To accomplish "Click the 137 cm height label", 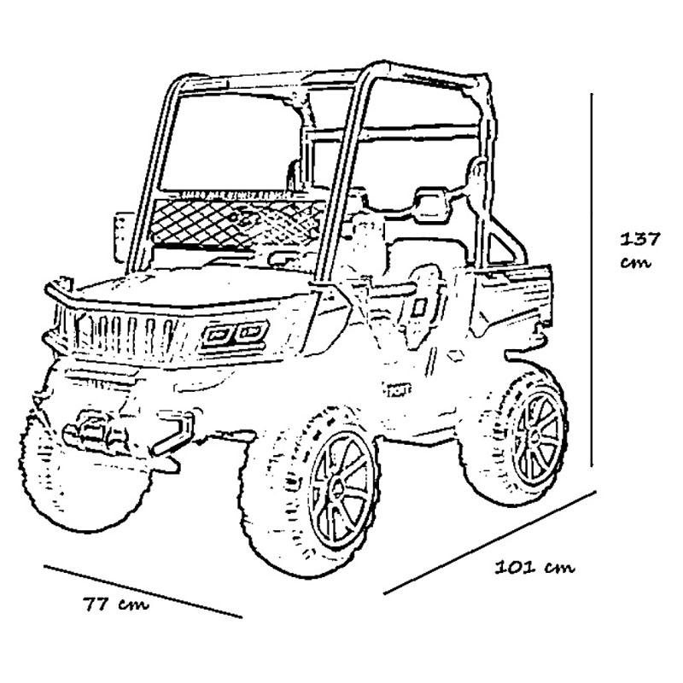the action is tap(639, 250).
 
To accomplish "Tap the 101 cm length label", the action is tap(534, 567).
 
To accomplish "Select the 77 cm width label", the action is tap(116, 604).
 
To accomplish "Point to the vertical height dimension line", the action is tap(592, 279).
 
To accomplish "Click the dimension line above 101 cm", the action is tap(489, 542).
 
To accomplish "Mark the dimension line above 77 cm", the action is tap(143, 591).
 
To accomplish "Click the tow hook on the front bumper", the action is tap(174, 433).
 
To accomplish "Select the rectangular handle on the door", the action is tap(419, 308).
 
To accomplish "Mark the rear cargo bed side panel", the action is tap(513, 301).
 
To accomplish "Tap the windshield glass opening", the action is tap(231, 143).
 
